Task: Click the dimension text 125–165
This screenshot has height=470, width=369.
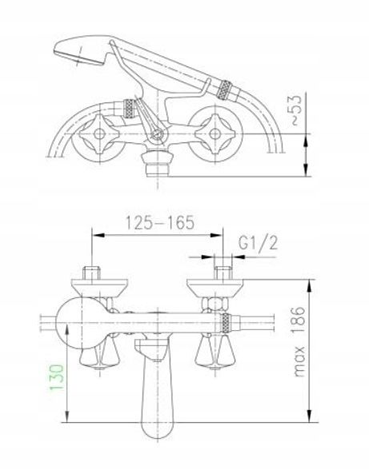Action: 157,223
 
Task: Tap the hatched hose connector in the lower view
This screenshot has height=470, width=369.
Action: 227,325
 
